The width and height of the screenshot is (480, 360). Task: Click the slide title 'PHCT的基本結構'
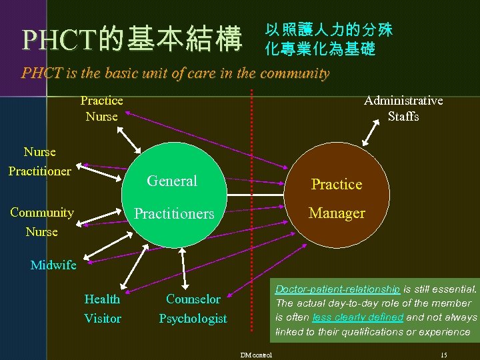click(132, 40)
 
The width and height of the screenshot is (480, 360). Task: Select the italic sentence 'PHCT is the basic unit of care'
click(175, 73)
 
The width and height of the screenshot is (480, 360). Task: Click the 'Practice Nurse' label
click(101, 109)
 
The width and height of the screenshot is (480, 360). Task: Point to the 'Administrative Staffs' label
click(403, 109)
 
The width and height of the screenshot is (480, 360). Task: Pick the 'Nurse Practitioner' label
click(39, 162)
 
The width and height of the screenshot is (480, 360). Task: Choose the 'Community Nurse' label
click(41, 222)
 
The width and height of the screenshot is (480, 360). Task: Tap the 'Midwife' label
click(53, 265)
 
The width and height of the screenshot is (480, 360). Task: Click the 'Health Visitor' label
click(102, 309)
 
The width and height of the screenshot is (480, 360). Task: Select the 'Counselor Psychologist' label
click(193, 309)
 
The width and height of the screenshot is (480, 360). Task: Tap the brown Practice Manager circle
click(337, 199)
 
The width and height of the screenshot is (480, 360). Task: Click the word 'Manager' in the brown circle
click(337, 213)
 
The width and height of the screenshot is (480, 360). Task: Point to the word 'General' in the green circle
click(172, 181)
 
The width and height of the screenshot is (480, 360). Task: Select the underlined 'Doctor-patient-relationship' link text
click(337, 289)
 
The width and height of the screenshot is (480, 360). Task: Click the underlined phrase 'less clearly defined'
click(357, 317)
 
